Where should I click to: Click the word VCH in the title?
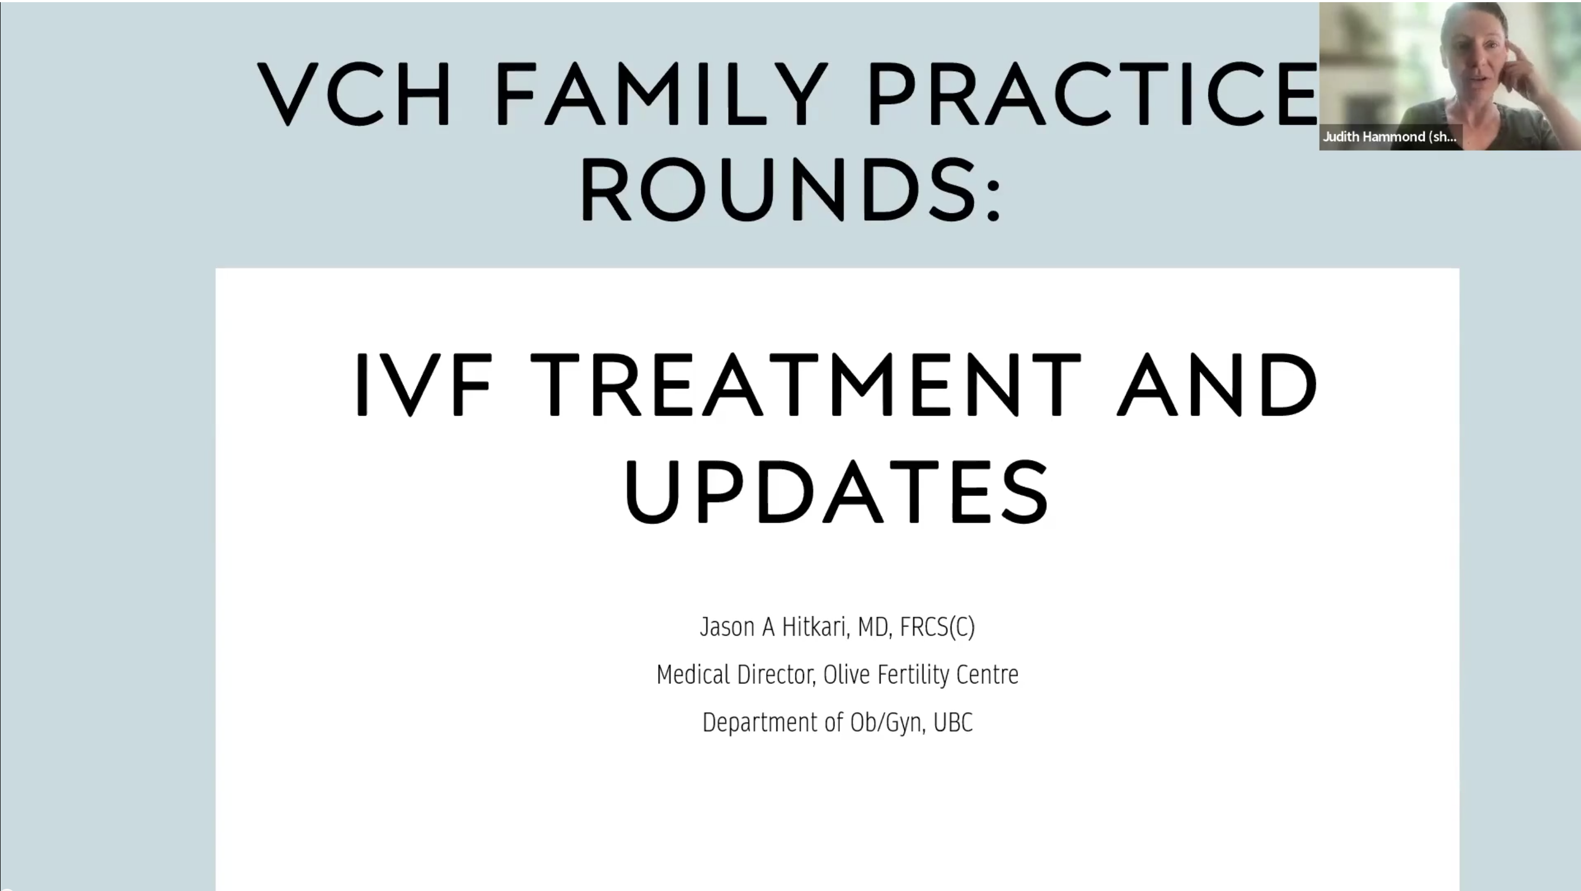coord(355,93)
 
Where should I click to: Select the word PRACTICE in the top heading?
coord(1093,93)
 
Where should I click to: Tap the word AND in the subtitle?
coord(1217,385)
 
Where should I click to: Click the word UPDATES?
coord(837,492)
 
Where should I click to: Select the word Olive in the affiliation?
coord(846,674)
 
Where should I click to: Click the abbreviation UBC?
coord(953,722)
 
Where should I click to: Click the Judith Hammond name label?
coord(1390,137)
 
